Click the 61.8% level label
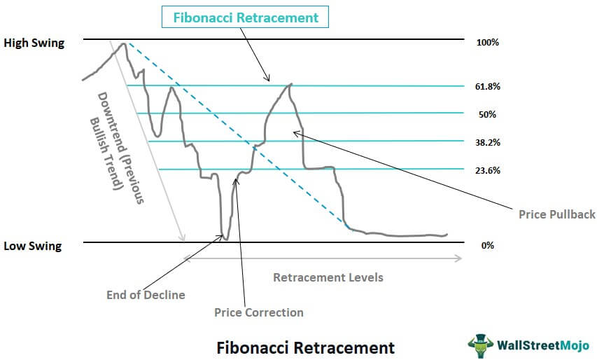click(487, 86)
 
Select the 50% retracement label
click(487, 114)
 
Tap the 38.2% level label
click(487, 142)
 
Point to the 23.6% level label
click(487, 170)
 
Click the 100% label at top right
click(487, 42)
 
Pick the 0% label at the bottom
click(487, 245)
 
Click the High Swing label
click(34, 43)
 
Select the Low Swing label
click(32, 246)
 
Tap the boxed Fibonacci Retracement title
click(246, 18)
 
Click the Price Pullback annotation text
click(556, 214)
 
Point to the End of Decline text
click(146, 295)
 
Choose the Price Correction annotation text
click(258, 312)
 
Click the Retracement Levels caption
click(328, 277)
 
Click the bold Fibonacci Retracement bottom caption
click(305, 348)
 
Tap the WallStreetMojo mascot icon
click(481, 345)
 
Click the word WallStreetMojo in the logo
click(543, 345)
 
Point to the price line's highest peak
click(124, 43)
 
